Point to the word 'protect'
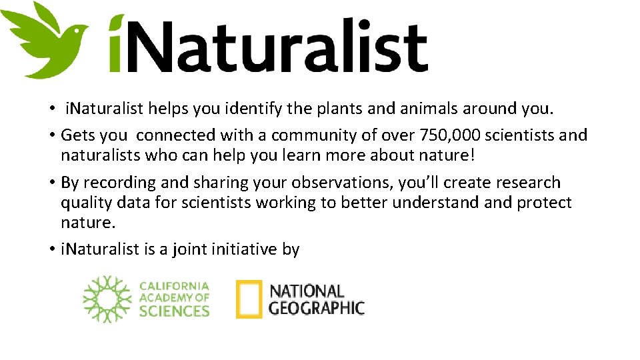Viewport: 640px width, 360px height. [544, 203]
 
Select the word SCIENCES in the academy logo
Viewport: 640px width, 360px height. [174, 310]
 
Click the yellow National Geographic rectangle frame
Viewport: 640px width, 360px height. [249, 299]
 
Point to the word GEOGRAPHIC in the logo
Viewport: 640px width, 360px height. [316, 307]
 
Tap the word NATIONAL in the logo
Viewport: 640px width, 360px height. [306, 291]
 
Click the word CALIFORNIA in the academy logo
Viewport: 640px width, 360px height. [174, 286]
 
